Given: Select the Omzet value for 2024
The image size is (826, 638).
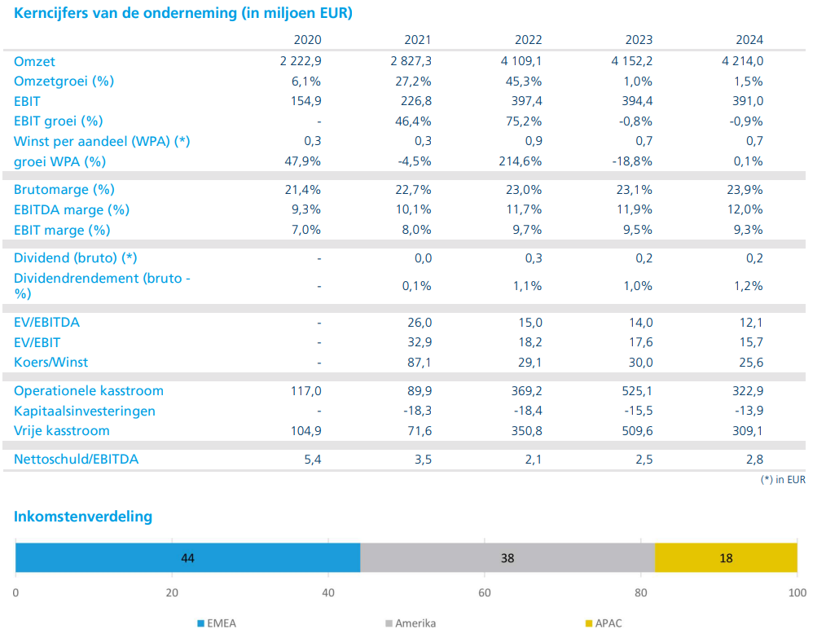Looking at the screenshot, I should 742,61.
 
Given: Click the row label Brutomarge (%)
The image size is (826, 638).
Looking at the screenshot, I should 64,190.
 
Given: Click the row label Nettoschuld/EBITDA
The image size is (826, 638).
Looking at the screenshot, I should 76,459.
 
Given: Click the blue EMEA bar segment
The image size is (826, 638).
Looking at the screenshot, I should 188,558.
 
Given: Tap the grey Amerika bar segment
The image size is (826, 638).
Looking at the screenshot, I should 507,558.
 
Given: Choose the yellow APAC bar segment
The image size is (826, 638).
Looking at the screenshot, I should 726,558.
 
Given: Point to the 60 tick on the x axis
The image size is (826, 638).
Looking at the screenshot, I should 485,592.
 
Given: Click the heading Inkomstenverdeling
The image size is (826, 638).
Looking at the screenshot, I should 83,517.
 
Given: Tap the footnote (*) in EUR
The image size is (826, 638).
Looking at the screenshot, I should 782,480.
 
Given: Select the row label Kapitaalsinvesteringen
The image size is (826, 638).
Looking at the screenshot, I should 85,411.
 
